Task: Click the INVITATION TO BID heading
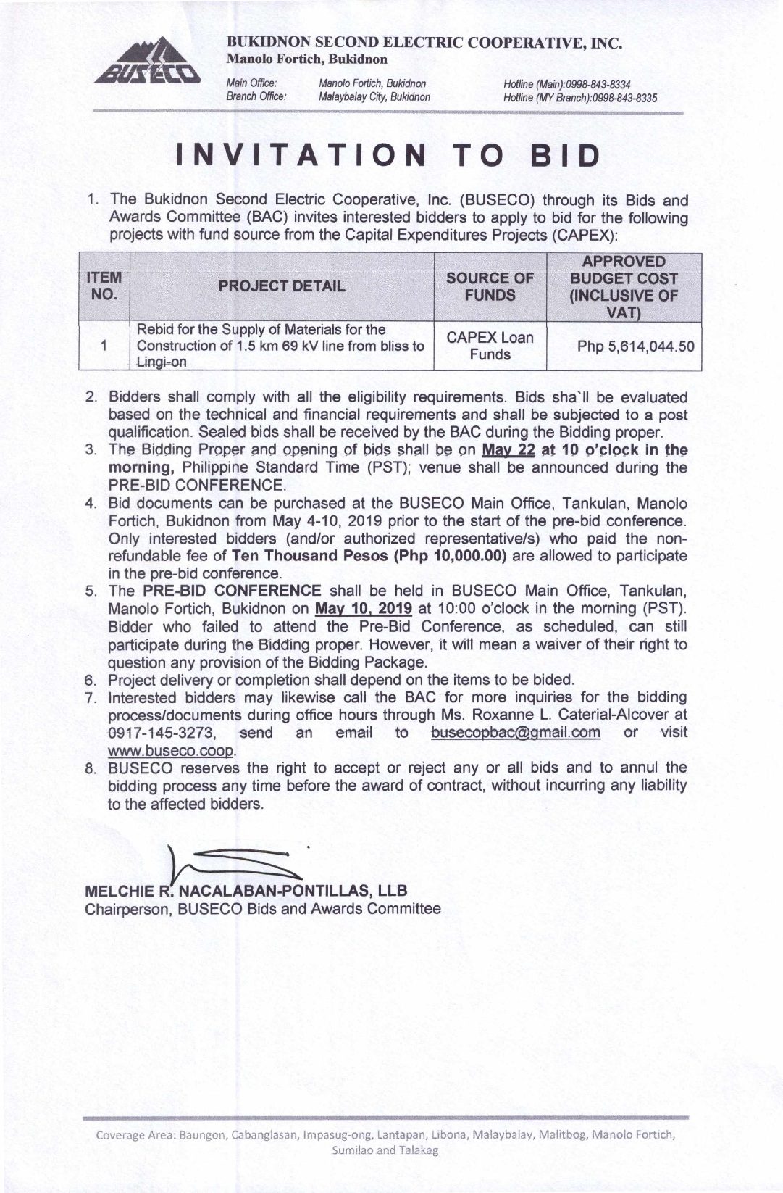390,156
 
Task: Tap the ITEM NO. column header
104,286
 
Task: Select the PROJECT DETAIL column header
282,286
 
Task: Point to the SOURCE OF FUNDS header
490,286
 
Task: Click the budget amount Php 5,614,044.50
635,346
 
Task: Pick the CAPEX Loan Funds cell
490,346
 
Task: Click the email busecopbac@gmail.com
515,733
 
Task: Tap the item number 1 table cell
104,346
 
